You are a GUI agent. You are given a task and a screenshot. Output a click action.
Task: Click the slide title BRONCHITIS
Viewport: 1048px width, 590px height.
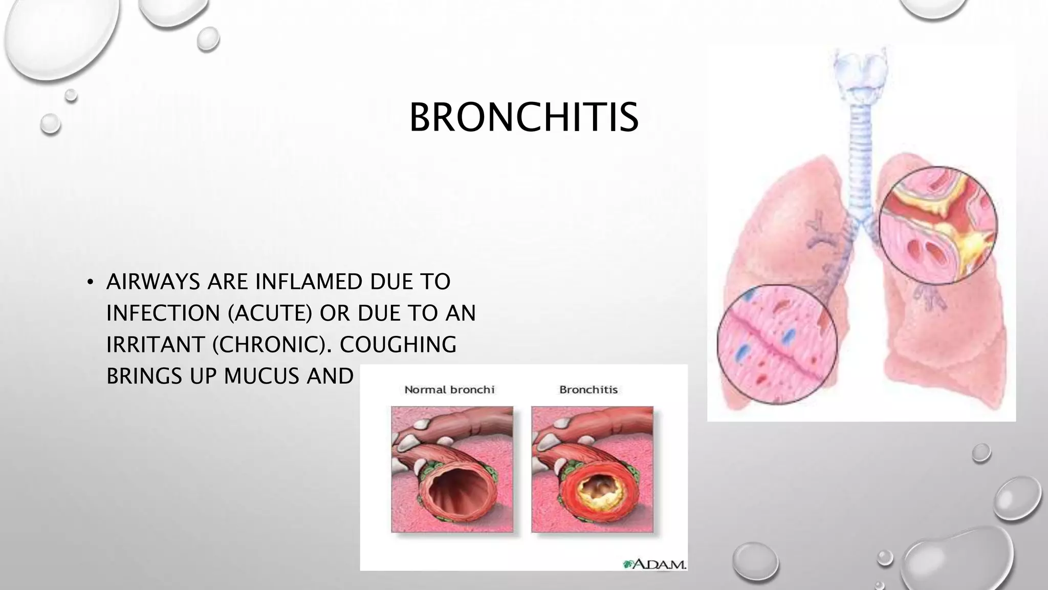(x=523, y=117)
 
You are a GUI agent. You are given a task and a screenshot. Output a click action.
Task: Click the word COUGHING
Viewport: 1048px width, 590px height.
(x=398, y=345)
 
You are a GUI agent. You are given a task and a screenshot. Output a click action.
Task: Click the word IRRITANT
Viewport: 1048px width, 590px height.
(x=156, y=345)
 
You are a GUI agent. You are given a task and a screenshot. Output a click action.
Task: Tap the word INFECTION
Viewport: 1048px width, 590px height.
(x=163, y=313)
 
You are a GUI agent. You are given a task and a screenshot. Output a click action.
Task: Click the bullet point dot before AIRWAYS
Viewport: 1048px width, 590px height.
(x=90, y=282)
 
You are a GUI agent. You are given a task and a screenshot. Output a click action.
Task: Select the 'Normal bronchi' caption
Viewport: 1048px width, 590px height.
(x=449, y=390)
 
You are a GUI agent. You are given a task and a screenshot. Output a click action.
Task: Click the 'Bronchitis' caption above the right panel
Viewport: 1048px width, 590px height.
(x=588, y=390)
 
